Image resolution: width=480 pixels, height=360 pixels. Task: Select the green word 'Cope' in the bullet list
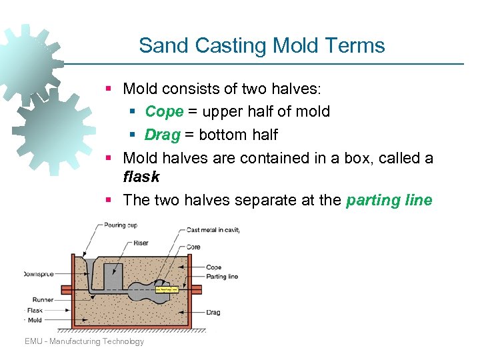click(x=163, y=111)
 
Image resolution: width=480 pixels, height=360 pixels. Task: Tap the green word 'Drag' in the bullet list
click(x=163, y=135)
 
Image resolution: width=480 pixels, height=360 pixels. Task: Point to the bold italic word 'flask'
click(x=141, y=177)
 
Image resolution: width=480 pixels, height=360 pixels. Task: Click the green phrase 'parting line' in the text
click(x=389, y=200)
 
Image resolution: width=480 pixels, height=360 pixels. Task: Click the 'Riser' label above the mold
click(x=141, y=243)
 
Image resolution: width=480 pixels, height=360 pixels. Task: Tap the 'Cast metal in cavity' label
click(x=213, y=230)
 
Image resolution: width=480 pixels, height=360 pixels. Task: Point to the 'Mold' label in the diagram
click(x=34, y=320)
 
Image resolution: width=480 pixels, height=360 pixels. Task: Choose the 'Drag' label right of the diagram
click(x=213, y=312)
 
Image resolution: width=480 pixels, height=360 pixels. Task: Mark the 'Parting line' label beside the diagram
click(x=222, y=276)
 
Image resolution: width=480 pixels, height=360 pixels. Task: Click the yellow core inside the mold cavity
click(x=166, y=290)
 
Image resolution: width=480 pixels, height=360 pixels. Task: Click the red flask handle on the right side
click(x=197, y=289)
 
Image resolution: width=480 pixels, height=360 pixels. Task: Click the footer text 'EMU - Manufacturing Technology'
click(x=84, y=341)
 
